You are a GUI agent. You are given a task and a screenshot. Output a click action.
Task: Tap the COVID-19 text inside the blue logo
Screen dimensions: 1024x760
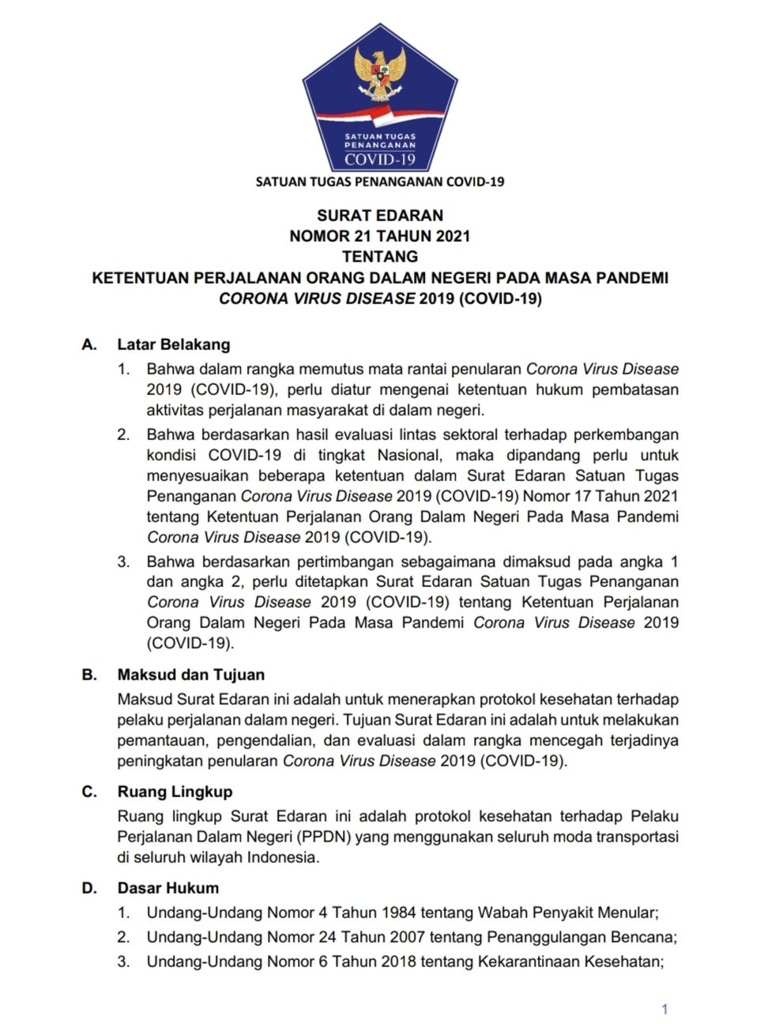[380, 160]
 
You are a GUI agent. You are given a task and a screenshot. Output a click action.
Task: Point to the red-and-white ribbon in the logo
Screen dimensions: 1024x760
[380, 118]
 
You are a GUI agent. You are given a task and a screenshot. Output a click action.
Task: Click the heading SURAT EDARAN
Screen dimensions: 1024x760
[380, 215]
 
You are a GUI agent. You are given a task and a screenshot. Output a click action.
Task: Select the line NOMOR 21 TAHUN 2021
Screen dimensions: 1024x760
[380, 235]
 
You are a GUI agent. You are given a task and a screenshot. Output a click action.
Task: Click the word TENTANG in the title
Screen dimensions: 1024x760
[380, 256]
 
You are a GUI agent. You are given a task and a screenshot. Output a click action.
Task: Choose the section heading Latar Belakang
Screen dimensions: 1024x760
[174, 344]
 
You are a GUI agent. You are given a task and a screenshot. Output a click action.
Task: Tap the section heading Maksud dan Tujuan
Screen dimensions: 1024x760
[191, 675]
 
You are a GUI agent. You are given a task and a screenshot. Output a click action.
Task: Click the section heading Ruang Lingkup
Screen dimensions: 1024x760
[175, 792]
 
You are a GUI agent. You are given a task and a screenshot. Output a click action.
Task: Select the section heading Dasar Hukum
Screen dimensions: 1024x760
[168, 888]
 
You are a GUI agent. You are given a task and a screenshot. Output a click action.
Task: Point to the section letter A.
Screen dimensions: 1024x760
[89, 344]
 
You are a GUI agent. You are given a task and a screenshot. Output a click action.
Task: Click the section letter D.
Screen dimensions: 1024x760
[89, 888]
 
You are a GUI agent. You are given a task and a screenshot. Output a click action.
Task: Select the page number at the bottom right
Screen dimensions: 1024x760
[664, 1009]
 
